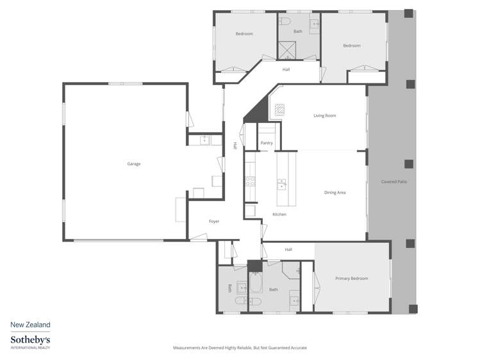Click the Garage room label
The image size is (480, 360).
[x=133, y=164]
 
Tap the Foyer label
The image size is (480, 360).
[x=214, y=222]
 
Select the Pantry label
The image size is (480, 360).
[x=267, y=143]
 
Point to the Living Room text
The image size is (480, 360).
[x=324, y=116]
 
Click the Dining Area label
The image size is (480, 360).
[x=335, y=192]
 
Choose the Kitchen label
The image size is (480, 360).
[x=279, y=214]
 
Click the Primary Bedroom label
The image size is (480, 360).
[x=352, y=279]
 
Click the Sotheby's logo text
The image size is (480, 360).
[x=30, y=340]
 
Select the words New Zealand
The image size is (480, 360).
[x=30, y=325]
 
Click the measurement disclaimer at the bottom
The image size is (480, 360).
[x=240, y=348]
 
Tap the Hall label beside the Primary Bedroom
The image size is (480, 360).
[x=288, y=249]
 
